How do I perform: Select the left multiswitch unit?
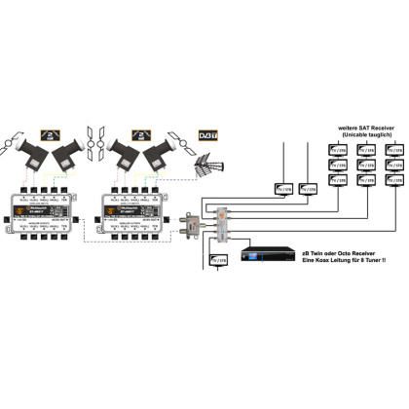tap(50, 203)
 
